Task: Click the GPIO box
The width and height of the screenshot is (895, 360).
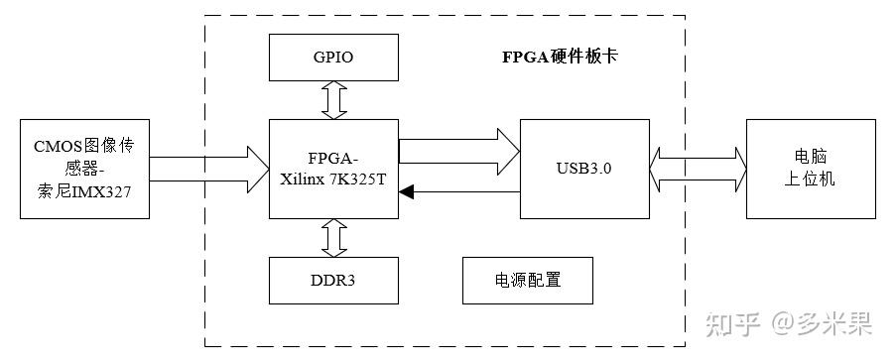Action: [x=333, y=58]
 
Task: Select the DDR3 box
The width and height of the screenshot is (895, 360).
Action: [x=333, y=281]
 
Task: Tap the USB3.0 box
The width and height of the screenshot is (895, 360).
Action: [x=585, y=169]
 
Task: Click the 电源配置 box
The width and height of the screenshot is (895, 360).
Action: [x=528, y=281]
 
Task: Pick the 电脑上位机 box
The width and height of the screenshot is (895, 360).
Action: [x=811, y=169]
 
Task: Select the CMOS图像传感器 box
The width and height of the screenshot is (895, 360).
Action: [x=83, y=169]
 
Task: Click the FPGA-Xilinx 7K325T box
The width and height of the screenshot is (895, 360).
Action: [x=333, y=169]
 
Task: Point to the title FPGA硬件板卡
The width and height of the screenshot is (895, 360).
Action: [x=559, y=57]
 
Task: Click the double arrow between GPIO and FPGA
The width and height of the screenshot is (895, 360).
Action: [x=334, y=100]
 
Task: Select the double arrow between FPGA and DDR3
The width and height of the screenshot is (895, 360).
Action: [x=334, y=237]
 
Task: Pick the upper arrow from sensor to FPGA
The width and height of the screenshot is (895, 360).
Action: [x=208, y=156]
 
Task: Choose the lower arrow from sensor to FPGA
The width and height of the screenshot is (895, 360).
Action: [x=208, y=184]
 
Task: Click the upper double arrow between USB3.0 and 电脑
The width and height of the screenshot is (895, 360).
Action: [x=699, y=156]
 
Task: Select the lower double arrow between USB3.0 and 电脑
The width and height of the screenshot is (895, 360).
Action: [x=699, y=184]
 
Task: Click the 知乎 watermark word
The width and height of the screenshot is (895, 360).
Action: [x=732, y=323]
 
